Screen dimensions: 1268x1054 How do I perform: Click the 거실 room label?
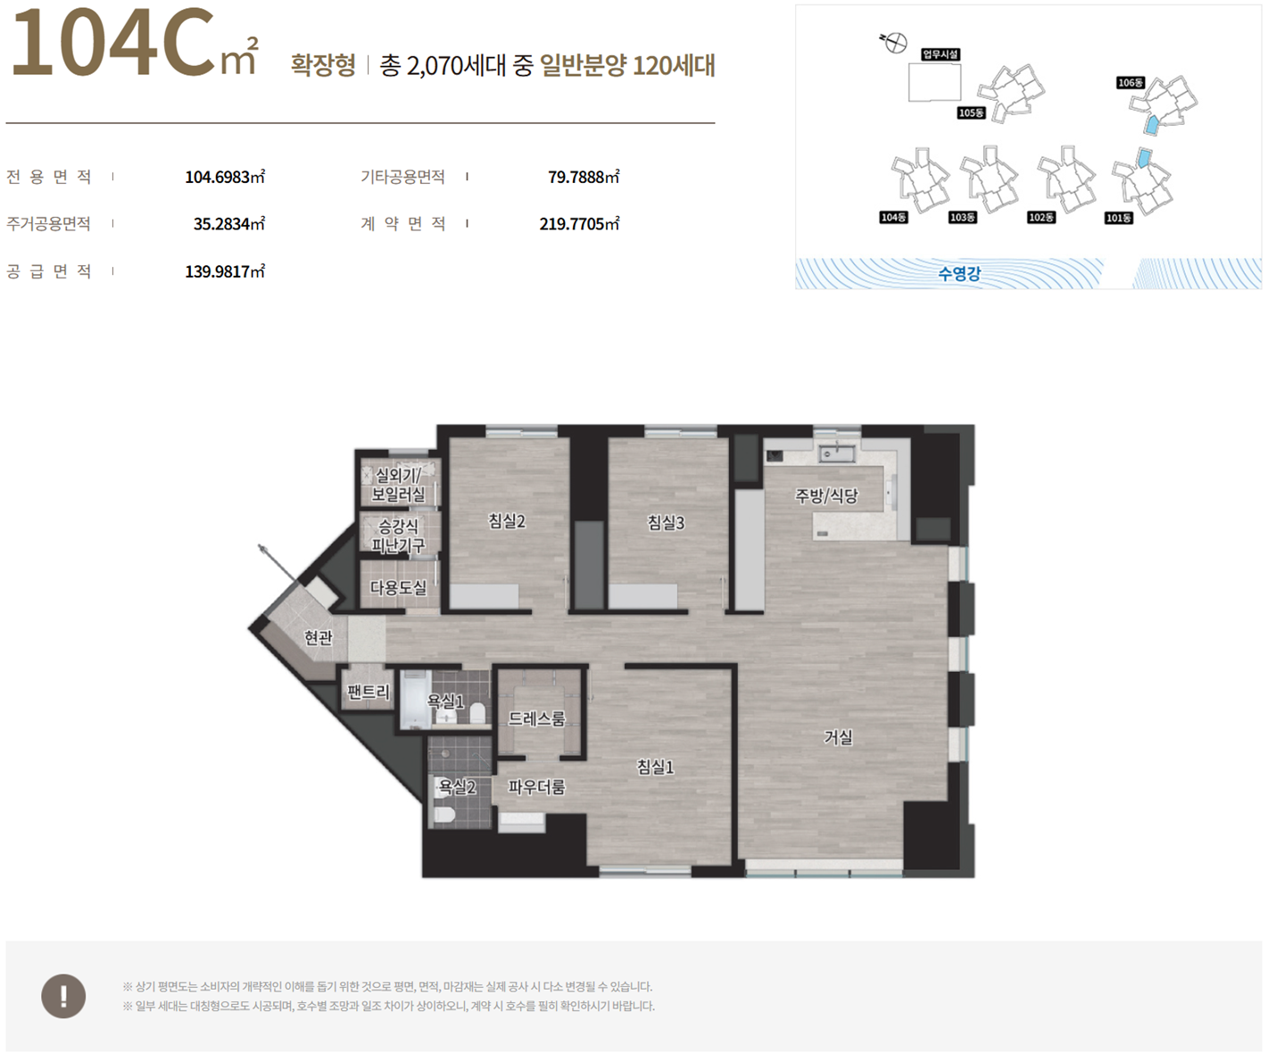pos(838,737)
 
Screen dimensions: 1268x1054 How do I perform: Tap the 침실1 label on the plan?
pos(655,768)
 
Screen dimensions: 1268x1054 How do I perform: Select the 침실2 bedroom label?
pos(507,521)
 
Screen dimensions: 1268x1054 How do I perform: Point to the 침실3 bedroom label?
pos(666,522)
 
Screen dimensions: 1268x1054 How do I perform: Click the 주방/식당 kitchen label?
pos(826,495)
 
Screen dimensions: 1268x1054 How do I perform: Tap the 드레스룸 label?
pos(536,718)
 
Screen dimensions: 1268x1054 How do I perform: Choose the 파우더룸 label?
pos(536,787)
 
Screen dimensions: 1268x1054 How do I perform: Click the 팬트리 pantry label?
pos(368,692)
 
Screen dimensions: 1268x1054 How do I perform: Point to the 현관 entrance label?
pos(319,637)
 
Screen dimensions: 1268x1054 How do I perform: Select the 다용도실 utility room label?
pos(398,587)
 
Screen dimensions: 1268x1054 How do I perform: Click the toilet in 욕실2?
pos(443,816)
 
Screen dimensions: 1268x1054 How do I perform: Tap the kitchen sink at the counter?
pos(836,452)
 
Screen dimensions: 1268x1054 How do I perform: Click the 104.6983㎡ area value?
pos(225,177)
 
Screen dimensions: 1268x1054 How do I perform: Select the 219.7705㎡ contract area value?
pos(579,223)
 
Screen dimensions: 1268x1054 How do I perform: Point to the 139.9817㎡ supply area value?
pos(225,271)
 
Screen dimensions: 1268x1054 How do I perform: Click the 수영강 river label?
pos(959,273)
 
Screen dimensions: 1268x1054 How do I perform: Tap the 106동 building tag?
pos(1131,83)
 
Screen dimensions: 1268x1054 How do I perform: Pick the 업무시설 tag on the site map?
pos(941,54)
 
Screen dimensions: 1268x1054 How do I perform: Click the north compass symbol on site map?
pos(894,43)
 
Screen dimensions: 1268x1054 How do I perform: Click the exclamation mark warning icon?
pos(63,996)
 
